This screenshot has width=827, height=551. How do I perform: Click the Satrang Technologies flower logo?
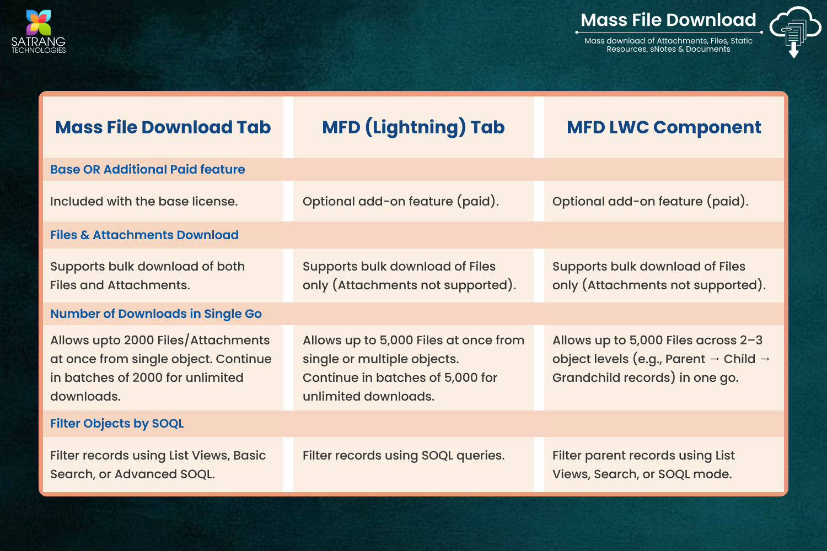click(39, 23)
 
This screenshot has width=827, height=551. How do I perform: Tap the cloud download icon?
click(795, 32)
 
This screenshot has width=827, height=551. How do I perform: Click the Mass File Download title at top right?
click(668, 20)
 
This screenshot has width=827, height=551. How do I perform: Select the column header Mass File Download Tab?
click(163, 127)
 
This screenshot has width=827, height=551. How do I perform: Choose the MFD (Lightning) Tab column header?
click(413, 128)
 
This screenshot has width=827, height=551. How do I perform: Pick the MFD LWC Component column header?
click(664, 128)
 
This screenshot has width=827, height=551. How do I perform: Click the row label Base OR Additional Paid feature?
click(148, 169)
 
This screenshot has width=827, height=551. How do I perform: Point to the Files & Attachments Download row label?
click(144, 235)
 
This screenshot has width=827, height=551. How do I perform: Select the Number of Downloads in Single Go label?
click(156, 314)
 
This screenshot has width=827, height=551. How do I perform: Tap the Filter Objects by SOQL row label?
click(117, 423)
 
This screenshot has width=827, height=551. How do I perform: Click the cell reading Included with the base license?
click(144, 202)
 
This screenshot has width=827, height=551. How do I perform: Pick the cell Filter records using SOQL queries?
click(404, 456)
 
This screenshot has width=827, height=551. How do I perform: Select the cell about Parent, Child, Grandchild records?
click(661, 359)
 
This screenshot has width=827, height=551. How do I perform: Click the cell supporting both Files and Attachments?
click(147, 275)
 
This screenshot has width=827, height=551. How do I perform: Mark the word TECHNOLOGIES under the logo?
click(39, 50)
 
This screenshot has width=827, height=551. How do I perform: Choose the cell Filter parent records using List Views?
click(643, 464)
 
